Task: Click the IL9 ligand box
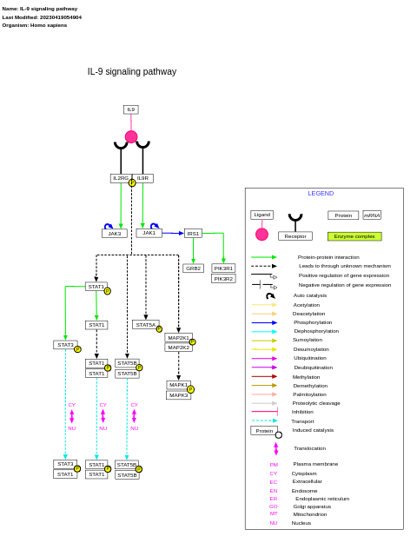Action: [x=131, y=109]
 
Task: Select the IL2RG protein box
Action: [x=121, y=178]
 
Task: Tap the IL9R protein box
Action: [x=142, y=178]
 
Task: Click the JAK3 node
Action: [x=114, y=234]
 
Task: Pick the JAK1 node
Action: [x=149, y=233]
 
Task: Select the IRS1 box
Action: [x=193, y=234]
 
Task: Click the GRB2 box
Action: [x=193, y=268]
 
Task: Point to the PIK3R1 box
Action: [x=223, y=268]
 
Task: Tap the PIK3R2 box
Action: [x=223, y=279]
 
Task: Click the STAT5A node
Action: [x=145, y=325]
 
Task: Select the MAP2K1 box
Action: [x=178, y=338]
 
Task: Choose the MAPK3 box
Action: [x=178, y=395]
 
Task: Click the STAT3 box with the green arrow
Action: [x=65, y=345]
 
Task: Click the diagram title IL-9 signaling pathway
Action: [x=132, y=72]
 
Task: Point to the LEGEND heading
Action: [x=321, y=194]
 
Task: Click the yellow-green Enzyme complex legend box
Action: [x=354, y=236]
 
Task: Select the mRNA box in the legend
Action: [x=372, y=215]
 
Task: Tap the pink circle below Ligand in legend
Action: [x=261, y=235]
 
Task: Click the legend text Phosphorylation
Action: [x=313, y=322]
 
